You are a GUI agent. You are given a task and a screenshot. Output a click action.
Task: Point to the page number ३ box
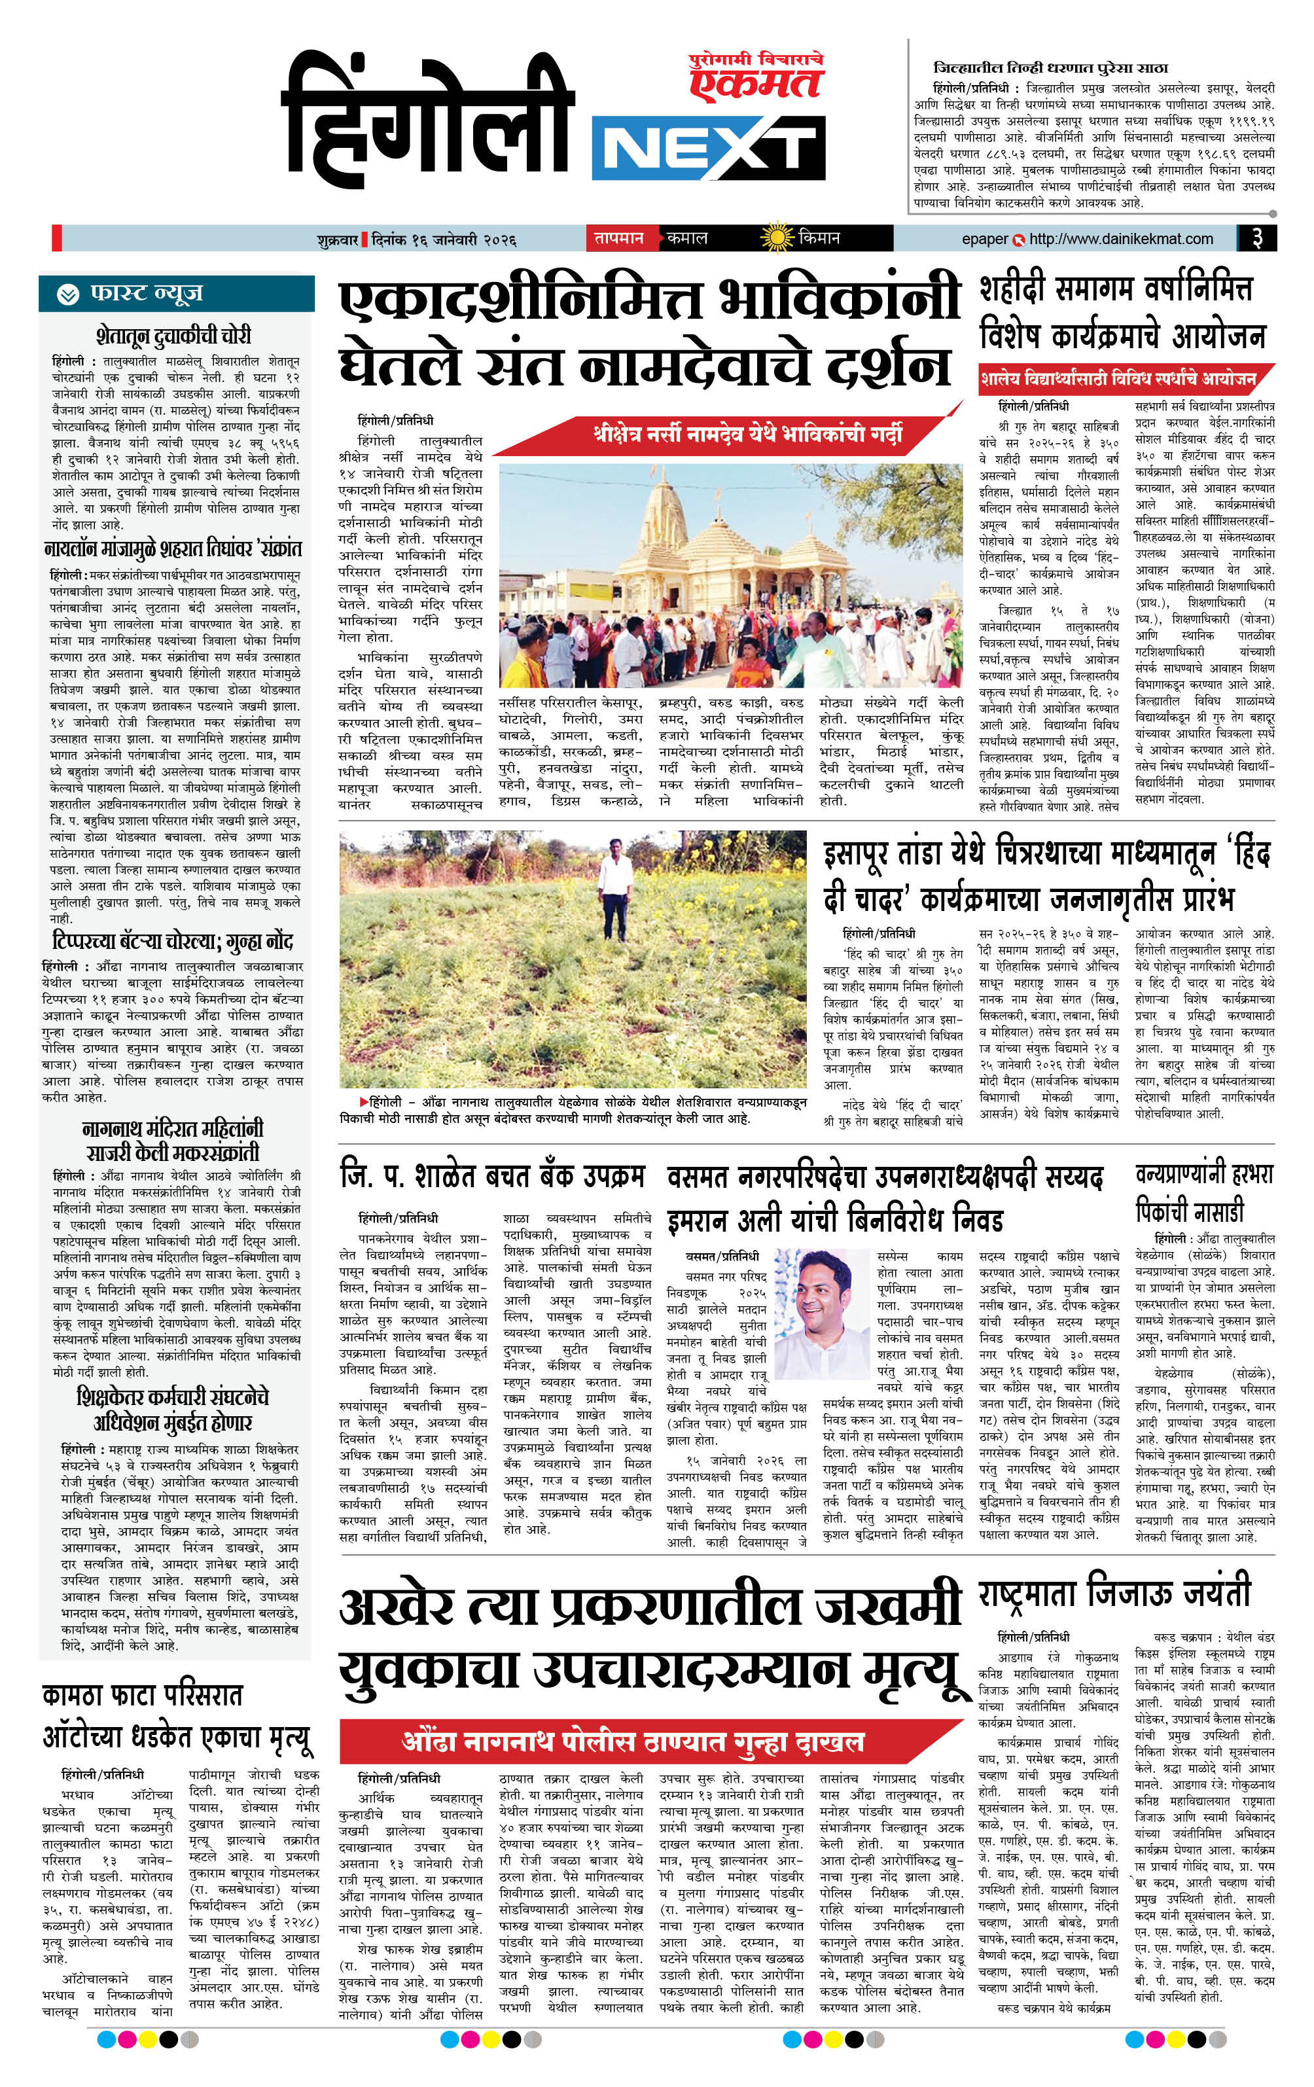pos(1257,238)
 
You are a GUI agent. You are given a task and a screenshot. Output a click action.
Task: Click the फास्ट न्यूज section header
pos(176,294)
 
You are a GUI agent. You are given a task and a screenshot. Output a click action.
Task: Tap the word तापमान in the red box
pos(619,238)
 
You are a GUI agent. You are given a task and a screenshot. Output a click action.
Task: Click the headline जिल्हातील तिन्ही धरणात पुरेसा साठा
pos(1050,67)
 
